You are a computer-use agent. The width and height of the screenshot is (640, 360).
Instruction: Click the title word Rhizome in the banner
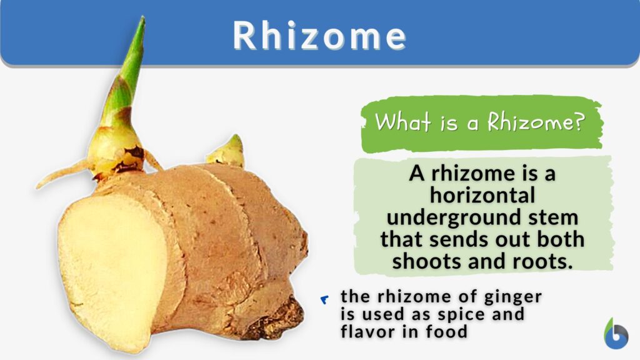pos(319,36)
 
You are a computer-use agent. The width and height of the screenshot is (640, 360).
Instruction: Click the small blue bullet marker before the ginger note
pos(324,300)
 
